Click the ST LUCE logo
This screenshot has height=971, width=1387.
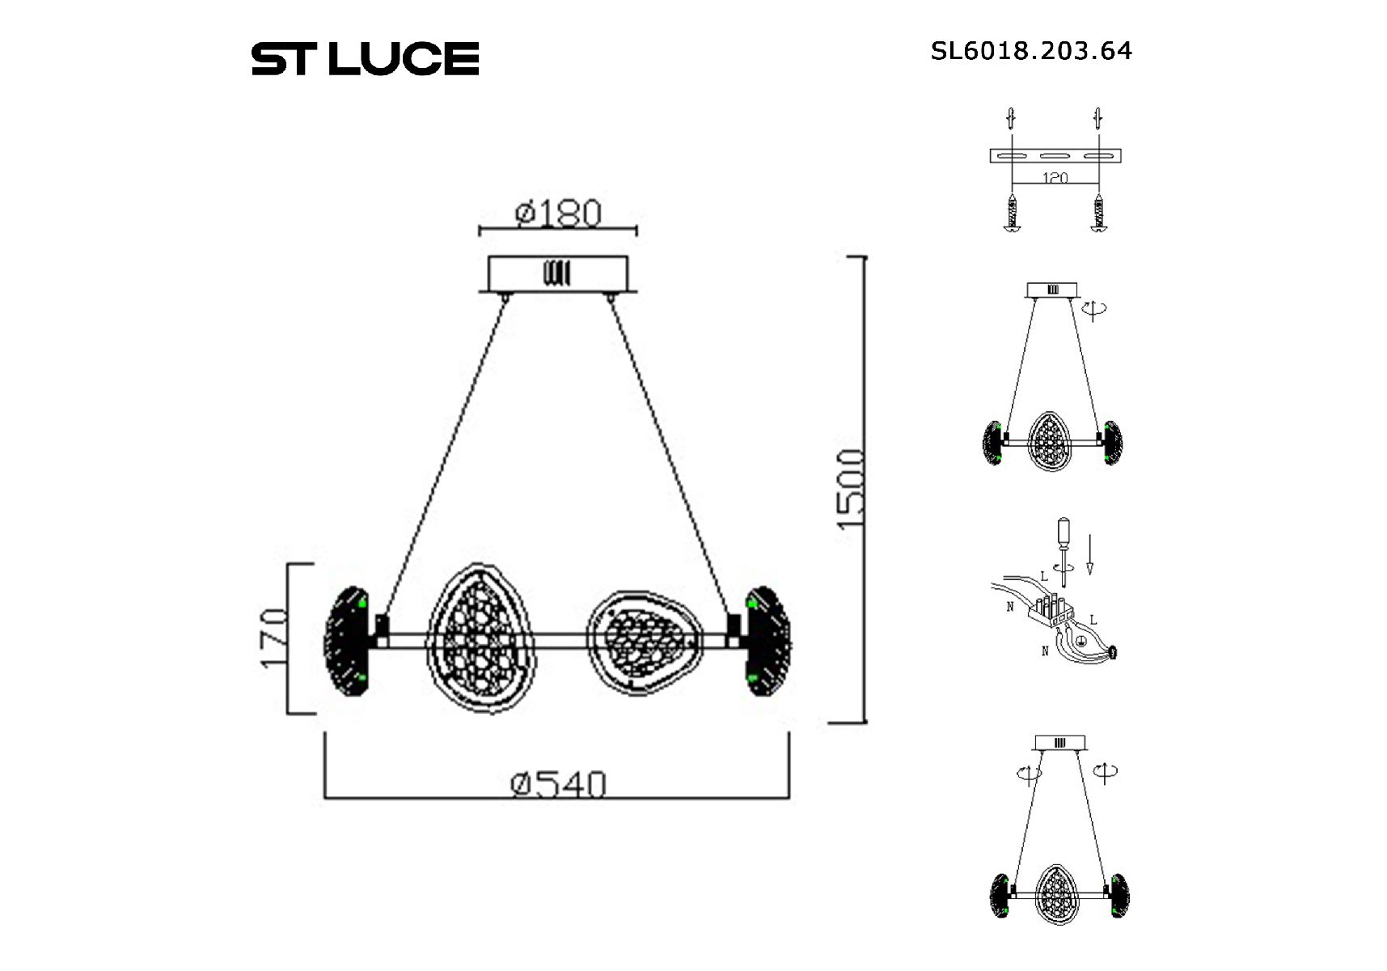point(365,58)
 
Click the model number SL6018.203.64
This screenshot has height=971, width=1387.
point(1031,51)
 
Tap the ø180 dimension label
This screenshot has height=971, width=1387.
point(558,213)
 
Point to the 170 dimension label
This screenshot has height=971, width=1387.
point(274,638)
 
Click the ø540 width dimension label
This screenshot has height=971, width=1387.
point(558,783)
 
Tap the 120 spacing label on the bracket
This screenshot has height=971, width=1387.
point(1055,177)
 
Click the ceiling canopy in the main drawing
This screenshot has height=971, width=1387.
point(558,274)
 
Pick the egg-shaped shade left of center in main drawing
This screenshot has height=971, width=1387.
point(481,638)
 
